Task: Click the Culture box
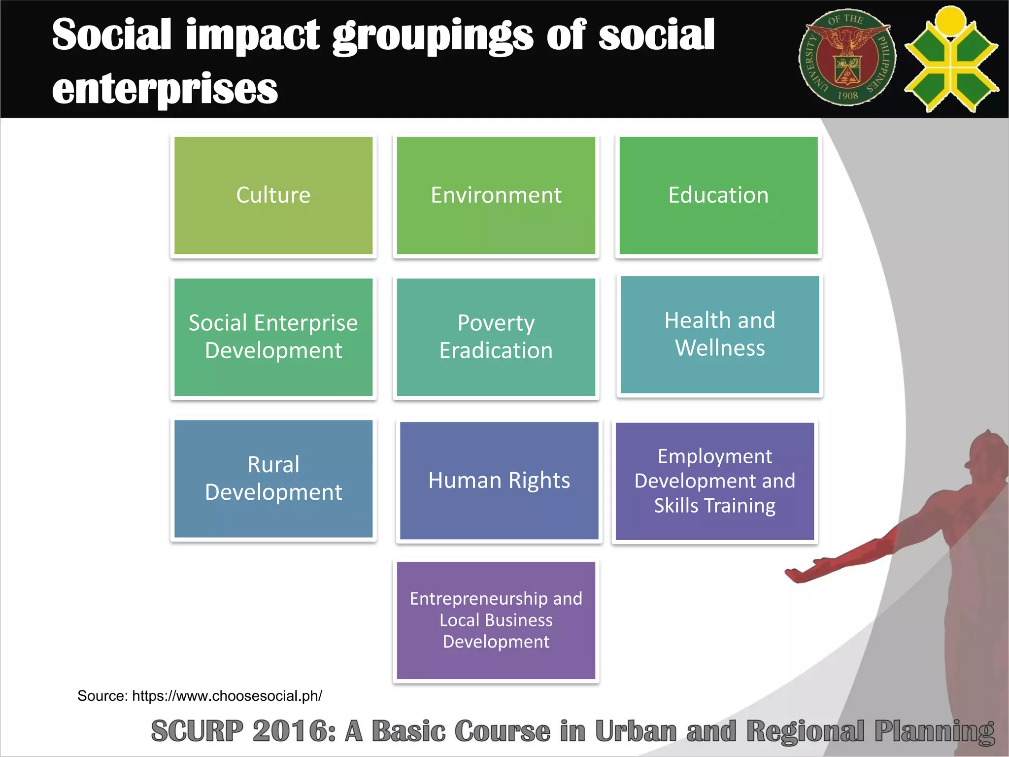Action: [x=273, y=196]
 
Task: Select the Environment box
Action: [x=496, y=196]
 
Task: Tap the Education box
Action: [x=718, y=196]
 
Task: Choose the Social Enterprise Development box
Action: [x=273, y=337]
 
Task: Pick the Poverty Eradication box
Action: [x=496, y=337]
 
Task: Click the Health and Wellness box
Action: [x=719, y=335]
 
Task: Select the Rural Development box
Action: [x=273, y=479]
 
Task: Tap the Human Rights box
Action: [x=499, y=481]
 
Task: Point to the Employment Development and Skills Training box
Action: [x=714, y=481]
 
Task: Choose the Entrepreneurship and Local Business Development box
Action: [x=496, y=620]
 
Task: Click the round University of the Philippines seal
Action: [x=847, y=58]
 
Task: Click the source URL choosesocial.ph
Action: [x=227, y=695]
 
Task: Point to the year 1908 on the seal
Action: [x=847, y=95]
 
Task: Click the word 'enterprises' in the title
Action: [x=165, y=89]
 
